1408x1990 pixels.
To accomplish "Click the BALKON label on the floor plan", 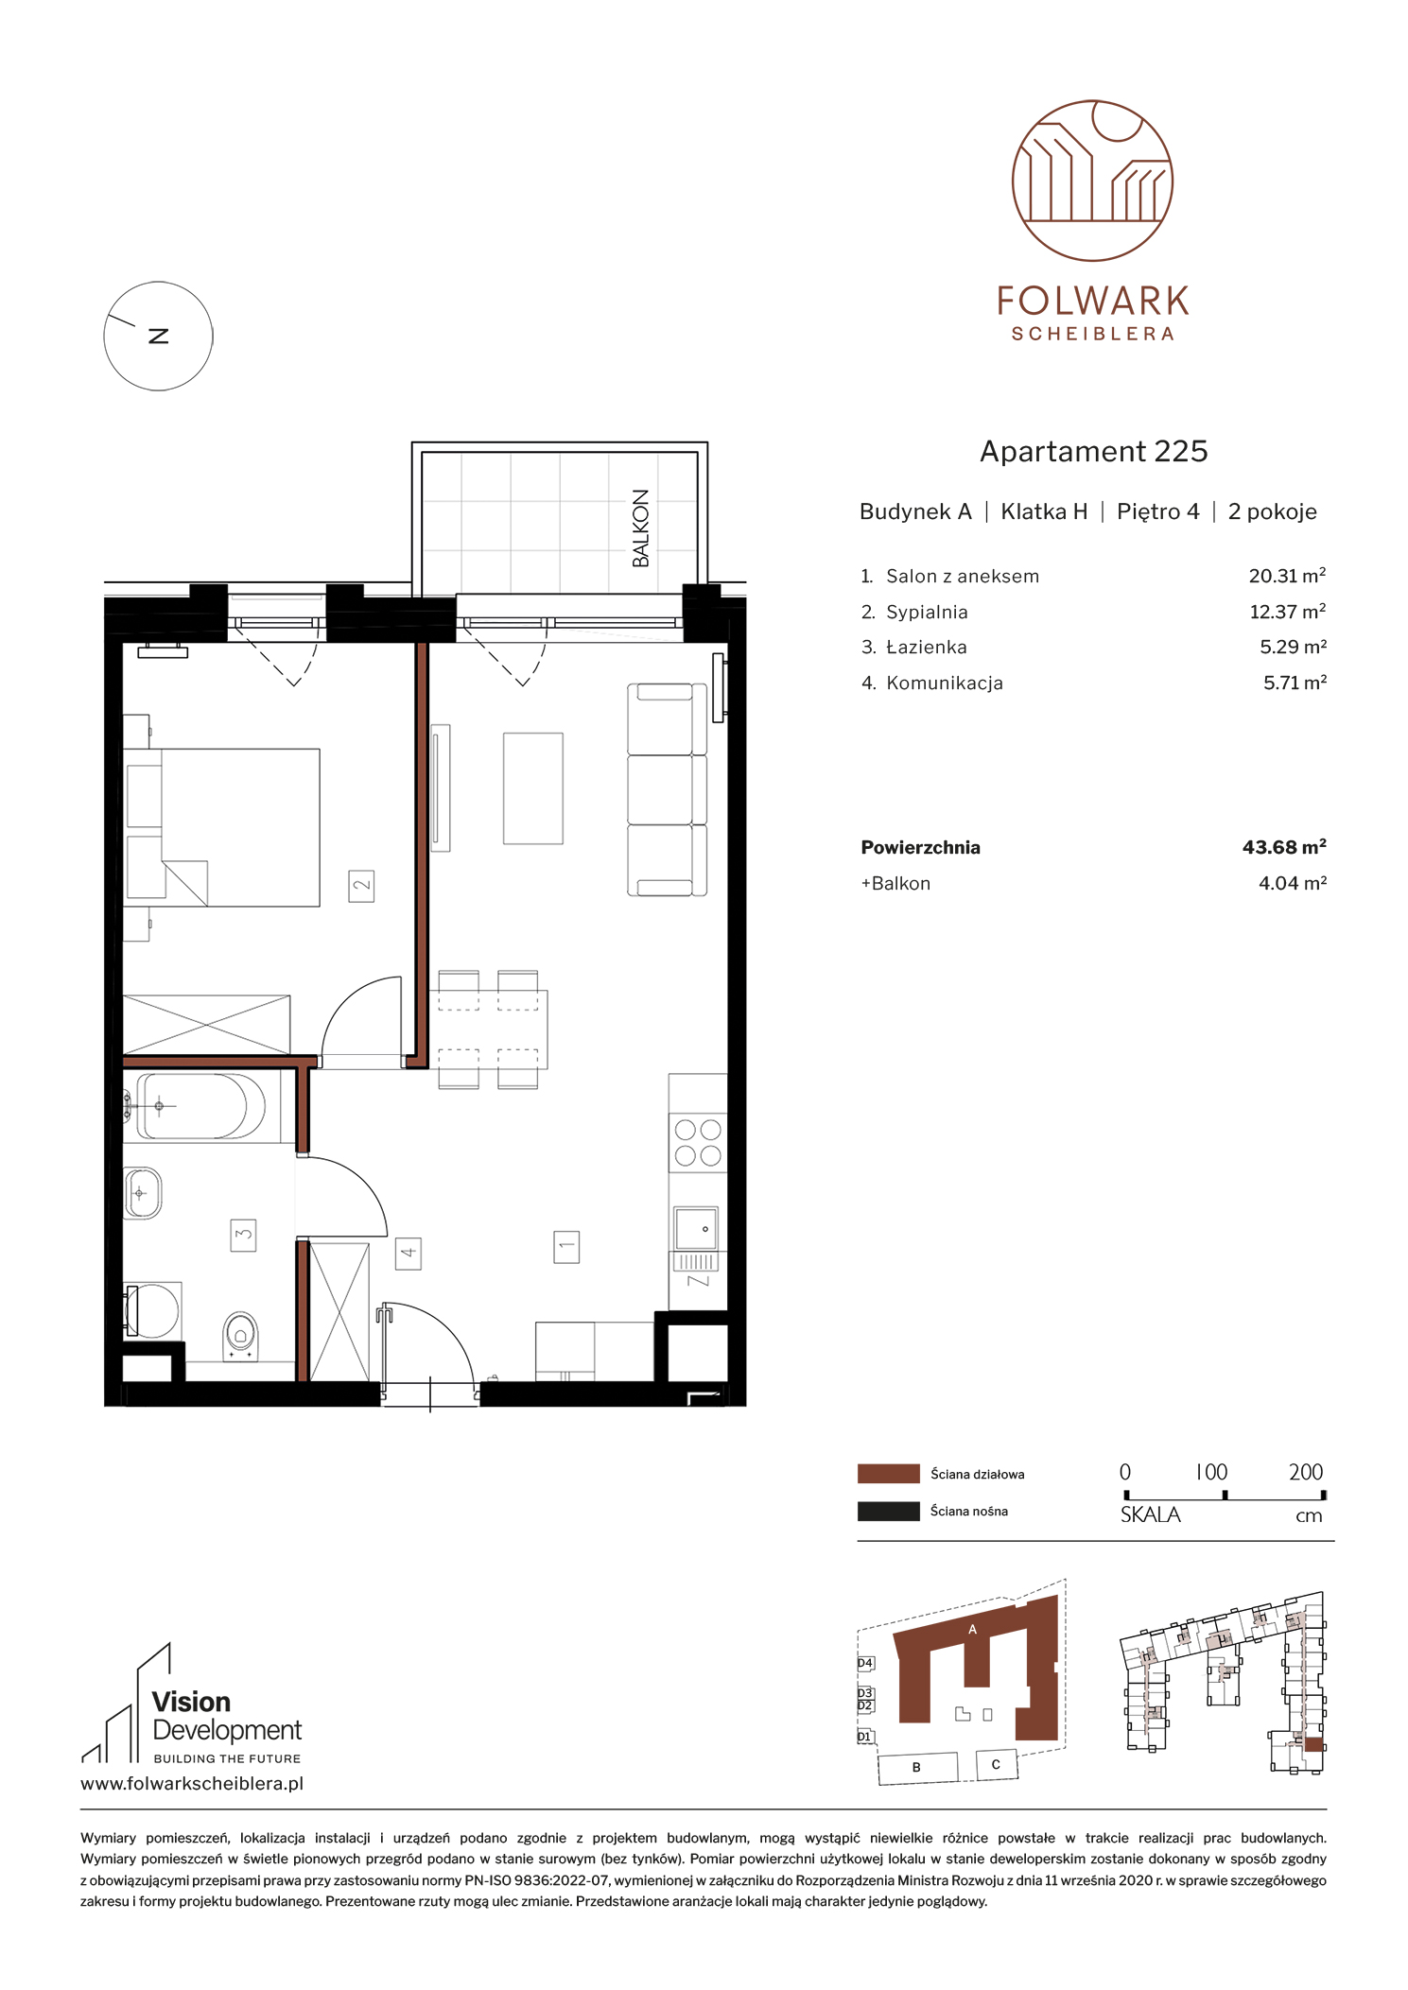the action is pos(640,528).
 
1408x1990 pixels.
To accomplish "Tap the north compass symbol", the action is pos(158,336).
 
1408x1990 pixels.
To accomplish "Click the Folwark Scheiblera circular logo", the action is pos(1092,181).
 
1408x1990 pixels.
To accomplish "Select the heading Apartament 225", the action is pos(1093,452).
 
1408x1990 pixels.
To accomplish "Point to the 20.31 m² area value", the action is pos(1287,576).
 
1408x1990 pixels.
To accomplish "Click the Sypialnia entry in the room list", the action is pos(927,612).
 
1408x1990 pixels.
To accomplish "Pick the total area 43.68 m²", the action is pos(1284,847).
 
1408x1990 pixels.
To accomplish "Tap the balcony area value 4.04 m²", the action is pos(1292,883).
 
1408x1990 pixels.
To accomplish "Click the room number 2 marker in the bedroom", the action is pos(361,886).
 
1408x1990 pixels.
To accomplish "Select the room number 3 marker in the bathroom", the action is pos(243,1235).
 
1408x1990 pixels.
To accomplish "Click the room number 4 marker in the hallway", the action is pos(408,1254).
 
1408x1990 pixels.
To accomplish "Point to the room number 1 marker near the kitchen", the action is pos(566,1246).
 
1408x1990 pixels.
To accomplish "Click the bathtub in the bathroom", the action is pos(201,1106).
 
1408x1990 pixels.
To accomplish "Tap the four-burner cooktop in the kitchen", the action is pos(698,1142).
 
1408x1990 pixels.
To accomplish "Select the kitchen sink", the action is pos(696,1229).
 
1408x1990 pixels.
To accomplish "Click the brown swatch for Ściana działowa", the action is pos(888,1474).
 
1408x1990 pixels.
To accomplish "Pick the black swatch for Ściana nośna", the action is pos(888,1511).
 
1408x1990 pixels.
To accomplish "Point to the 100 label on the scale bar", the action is pos(1211,1472).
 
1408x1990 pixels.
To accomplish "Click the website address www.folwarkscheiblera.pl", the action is pos(192,1784).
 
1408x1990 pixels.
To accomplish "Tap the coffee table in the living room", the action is pos(533,788).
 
